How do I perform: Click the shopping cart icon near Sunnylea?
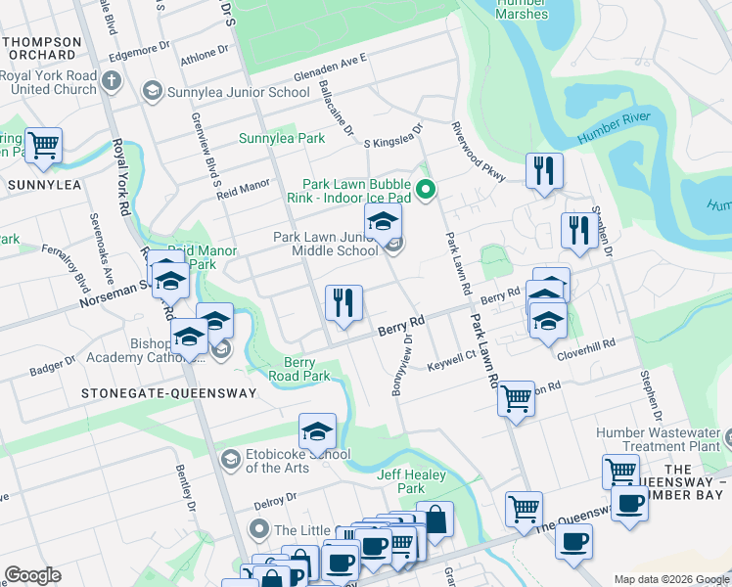coord(43,146)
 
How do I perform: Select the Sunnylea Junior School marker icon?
coord(152,92)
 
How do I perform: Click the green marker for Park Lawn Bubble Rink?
coord(426,191)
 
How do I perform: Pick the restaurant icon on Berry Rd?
coord(343,302)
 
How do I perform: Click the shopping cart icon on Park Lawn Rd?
coord(516,398)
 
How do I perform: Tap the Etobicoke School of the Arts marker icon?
coord(230,459)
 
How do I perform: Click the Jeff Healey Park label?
coord(401,481)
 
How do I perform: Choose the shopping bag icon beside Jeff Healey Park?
coord(435,519)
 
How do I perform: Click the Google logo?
coord(32,575)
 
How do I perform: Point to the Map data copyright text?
coord(670,578)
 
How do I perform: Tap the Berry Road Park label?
coord(299,369)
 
